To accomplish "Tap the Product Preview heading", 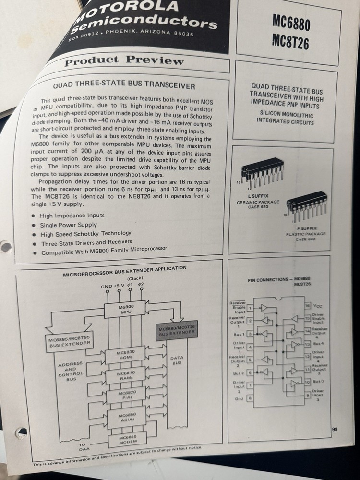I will (x=124, y=61).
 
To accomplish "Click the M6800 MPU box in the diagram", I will (x=125, y=309).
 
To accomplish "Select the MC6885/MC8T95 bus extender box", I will (x=69, y=340).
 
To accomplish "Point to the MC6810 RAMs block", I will (x=126, y=375).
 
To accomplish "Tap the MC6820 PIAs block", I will (x=125, y=396).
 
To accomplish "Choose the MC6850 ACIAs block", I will (x=126, y=416).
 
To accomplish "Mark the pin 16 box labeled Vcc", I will (x=307, y=306).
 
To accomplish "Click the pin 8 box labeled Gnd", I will (x=250, y=398).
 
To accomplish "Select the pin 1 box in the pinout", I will (x=250, y=307).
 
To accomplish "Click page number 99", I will (x=335, y=429).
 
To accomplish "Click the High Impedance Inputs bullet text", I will (x=72, y=216).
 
